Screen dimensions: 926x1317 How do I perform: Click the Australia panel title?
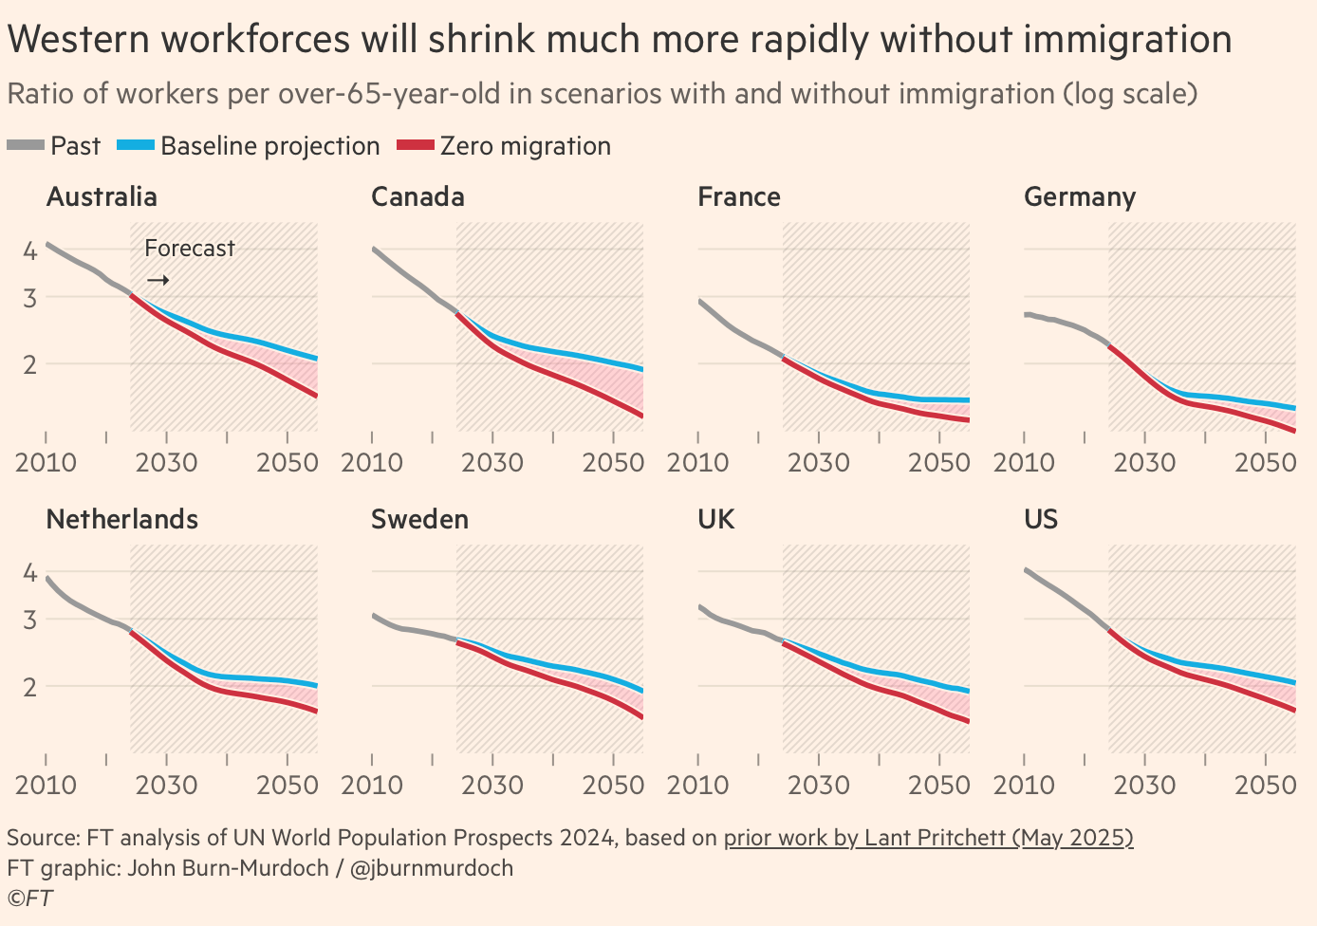coord(102,197)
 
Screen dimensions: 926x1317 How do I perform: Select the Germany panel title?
coord(1079,197)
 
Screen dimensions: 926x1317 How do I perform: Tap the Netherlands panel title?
coord(121,520)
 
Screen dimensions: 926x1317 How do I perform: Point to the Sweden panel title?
coord(419,520)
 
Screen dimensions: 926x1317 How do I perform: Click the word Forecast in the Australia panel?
coord(190,249)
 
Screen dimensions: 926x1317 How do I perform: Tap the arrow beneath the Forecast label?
coord(158,281)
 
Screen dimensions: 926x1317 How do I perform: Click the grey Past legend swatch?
coord(26,146)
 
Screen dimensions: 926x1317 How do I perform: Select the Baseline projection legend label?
coord(269,146)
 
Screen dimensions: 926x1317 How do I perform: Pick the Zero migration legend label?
coord(525,146)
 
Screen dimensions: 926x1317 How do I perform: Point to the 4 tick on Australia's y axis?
coord(30,250)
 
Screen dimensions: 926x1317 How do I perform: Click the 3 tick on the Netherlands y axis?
coord(30,620)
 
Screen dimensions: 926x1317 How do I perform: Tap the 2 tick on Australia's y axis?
coord(30,364)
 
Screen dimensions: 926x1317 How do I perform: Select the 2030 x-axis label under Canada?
coord(492,463)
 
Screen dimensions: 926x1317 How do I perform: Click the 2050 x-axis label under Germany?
coord(1266,463)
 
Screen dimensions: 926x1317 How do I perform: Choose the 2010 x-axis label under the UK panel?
coord(697,786)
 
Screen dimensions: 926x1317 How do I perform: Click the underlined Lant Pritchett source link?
coord(928,838)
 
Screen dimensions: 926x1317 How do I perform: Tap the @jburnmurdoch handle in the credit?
coord(432,868)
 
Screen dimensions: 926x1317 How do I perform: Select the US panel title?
coord(1041,520)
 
